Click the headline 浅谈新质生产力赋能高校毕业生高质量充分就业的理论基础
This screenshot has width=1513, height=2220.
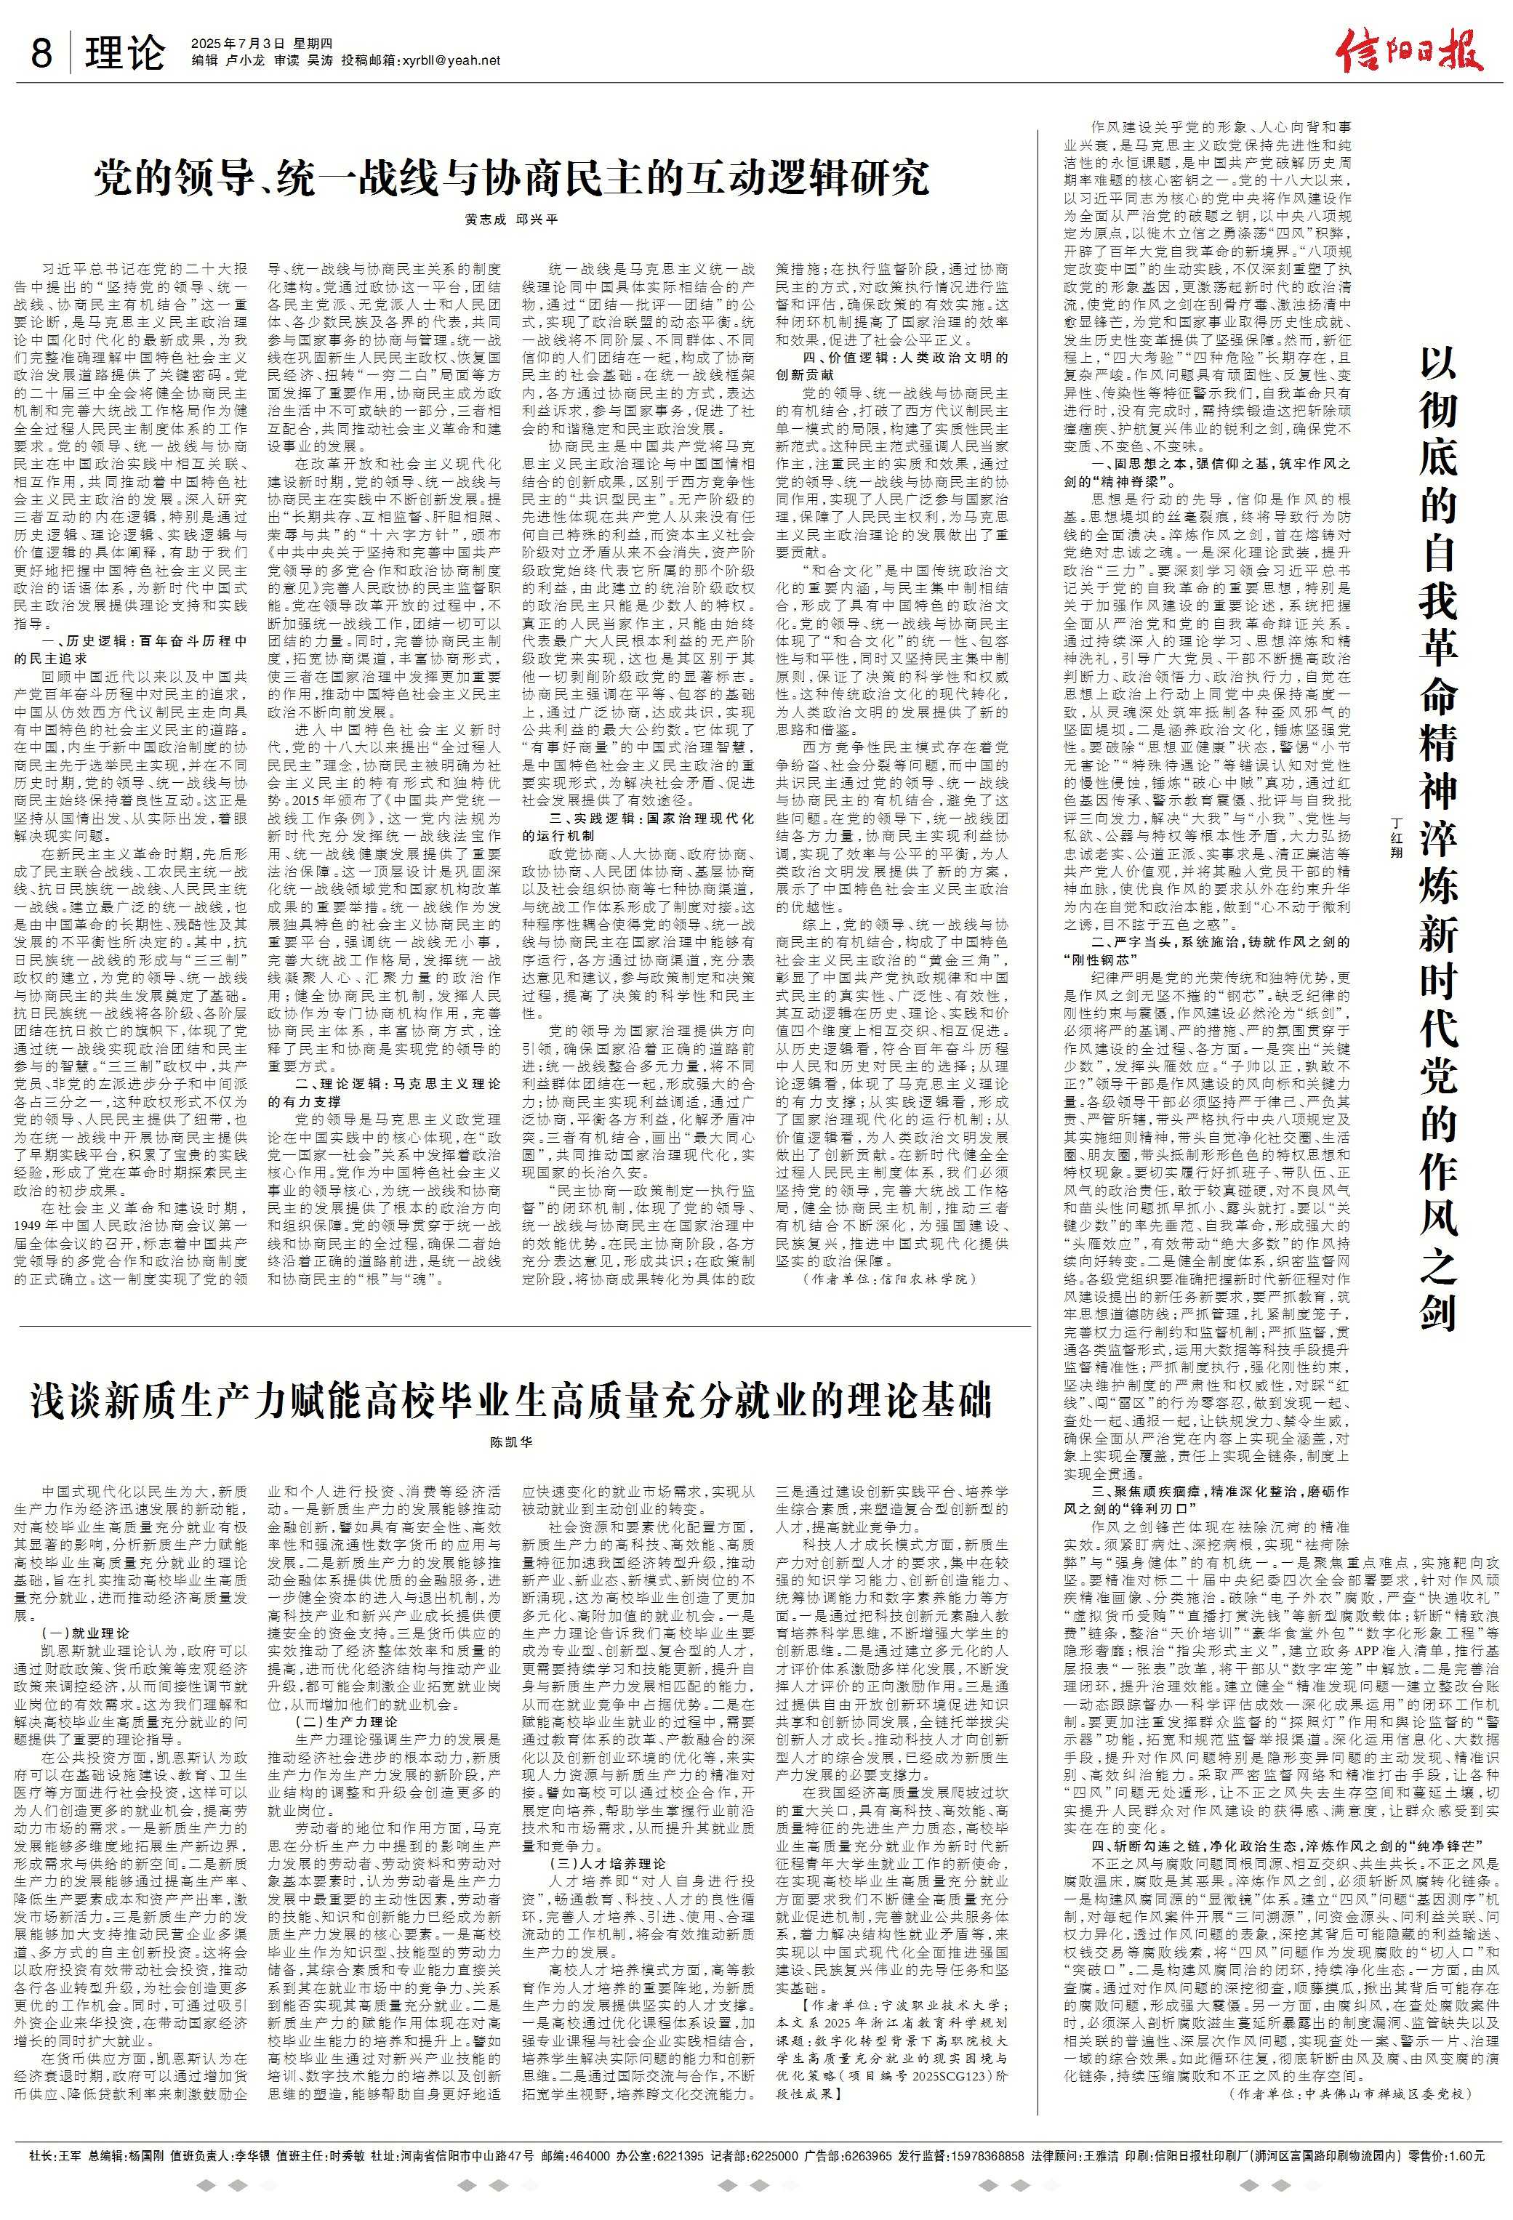tap(510, 1400)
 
